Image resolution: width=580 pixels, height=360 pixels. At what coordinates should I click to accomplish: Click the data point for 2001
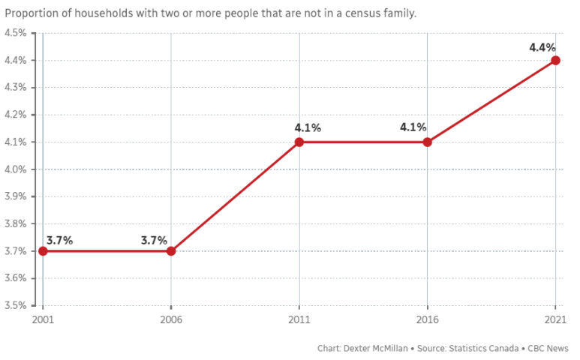click(43, 251)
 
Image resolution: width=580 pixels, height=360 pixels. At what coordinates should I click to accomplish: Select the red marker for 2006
click(171, 251)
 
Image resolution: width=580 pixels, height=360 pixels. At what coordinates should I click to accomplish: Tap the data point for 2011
click(299, 142)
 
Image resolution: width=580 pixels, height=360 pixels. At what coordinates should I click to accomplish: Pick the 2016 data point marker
click(427, 142)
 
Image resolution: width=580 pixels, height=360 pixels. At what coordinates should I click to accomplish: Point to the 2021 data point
click(555, 60)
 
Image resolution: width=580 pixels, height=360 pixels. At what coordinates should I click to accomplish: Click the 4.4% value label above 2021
click(542, 47)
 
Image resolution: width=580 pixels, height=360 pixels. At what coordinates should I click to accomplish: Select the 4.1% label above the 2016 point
click(413, 127)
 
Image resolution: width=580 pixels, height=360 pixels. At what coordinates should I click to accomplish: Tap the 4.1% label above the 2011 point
click(308, 128)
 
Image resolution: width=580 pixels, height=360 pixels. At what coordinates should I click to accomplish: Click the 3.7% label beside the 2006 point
click(155, 241)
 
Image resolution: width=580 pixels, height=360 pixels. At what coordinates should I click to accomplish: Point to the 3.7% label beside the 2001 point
click(59, 241)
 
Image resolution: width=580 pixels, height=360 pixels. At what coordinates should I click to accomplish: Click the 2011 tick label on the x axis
click(299, 319)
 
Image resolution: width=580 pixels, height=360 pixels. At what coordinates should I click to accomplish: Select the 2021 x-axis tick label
click(555, 319)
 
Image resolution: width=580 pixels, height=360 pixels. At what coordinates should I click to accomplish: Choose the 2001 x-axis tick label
click(43, 319)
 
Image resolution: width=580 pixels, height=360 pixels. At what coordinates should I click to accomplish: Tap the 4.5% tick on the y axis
click(16, 33)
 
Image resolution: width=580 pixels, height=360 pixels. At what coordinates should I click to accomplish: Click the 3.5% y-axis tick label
click(16, 305)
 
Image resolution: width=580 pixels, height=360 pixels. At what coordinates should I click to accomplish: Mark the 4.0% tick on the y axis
click(16, 169)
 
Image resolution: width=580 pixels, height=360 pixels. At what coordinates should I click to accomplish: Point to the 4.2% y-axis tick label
click(16, 115)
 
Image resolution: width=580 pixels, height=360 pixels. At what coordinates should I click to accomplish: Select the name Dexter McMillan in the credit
click(375, 349)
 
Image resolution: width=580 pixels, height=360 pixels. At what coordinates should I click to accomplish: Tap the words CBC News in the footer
click(548, 349)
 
